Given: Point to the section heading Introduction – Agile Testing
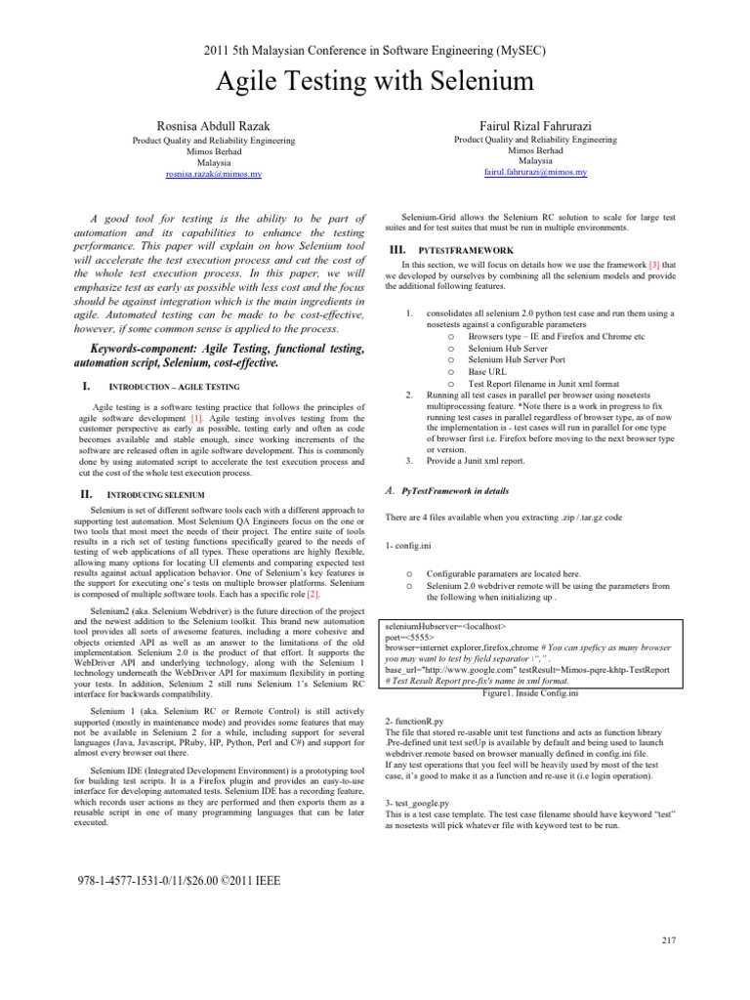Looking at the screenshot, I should tap(171, 388).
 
